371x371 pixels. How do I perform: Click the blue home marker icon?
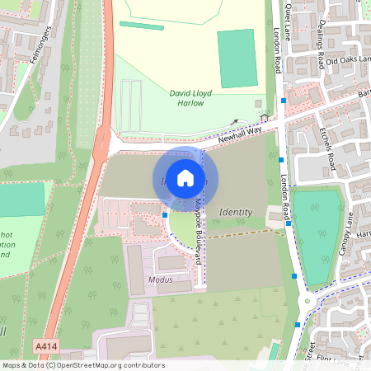(185, 177)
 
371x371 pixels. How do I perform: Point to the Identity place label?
(236, 213)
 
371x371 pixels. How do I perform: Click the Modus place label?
(160, 280)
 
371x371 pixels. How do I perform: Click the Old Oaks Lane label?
(347, 61)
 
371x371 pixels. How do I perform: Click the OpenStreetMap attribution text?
(83, 365)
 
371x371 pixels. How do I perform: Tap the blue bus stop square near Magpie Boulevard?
(165, 214)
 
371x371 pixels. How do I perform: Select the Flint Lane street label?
(343, 360)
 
